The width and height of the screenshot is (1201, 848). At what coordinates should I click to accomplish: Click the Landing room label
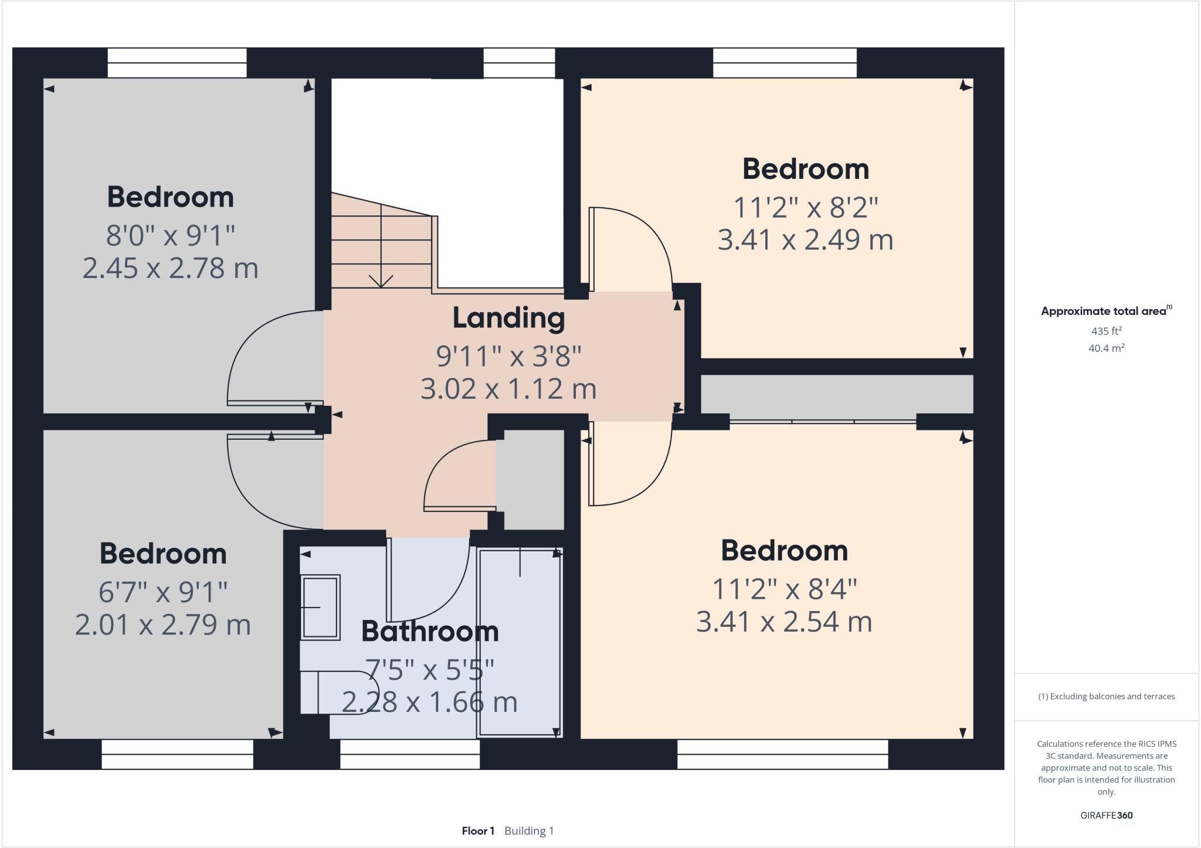(x=508, y=318)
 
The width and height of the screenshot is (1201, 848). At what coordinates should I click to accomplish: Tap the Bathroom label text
(x=430, y=632)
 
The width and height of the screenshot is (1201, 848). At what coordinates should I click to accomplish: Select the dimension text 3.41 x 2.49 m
(x=805, y=240)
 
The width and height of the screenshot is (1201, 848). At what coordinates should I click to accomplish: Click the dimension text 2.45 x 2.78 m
(x=170, y=268)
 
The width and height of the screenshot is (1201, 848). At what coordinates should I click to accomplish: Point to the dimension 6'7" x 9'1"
(x=162, y=592)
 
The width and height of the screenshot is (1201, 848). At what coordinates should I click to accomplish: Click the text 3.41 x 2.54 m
(x=784, y=622)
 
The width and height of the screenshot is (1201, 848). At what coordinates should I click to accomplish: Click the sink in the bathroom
(x=320, y=608)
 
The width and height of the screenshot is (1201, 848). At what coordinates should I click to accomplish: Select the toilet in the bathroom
(x=337, y=693)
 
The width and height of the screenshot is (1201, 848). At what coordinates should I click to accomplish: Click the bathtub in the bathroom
(x=520, y=642)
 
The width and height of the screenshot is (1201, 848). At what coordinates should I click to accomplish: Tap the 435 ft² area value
(x=1106, y=331)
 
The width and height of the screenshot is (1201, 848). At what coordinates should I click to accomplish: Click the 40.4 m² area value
(x=1106, y=348)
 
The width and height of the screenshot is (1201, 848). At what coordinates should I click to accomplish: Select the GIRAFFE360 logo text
(x=1106, y=815)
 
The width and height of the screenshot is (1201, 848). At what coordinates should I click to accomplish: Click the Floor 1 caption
(x=478, y=831)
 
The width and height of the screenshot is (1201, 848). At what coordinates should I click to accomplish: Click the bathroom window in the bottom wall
(x=410, y=754)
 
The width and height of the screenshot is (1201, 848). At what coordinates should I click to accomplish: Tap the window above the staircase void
(x=519, y=63)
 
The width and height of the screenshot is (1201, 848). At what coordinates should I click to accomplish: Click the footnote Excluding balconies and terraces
(x=1107, y=697)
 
